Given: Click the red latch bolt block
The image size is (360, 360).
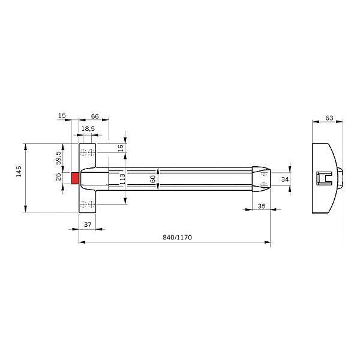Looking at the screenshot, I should tap(75, 178).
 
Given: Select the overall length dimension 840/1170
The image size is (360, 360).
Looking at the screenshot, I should tap(177, 238).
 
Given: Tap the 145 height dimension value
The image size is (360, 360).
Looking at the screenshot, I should tap(19, 170).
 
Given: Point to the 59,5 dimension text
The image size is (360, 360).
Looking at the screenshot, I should tap(58, 157).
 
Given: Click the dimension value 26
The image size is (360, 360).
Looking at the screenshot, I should tap(58, 178).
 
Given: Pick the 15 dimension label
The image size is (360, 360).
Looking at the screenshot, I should tap(62, 116).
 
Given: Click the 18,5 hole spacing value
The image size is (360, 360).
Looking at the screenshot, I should tap(88, 129).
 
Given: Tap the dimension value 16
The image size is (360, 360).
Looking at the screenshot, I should tap(120, 148).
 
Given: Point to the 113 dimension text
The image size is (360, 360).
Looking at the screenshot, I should tap(122, 178).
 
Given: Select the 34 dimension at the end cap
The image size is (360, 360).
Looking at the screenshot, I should tap(285, 179).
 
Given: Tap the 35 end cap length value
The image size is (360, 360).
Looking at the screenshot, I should tap(261, 206).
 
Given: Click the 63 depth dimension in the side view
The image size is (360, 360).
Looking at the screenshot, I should tap(329, 118).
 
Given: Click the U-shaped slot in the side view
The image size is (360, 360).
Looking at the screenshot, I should tap(324, 178).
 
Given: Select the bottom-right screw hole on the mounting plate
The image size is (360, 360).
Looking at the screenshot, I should tap(91, 204).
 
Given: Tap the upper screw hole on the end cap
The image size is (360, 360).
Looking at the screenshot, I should tap(265, 173).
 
